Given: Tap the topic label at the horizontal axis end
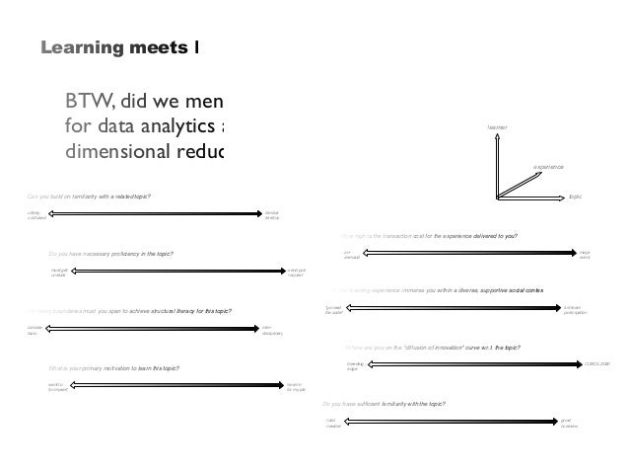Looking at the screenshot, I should [576, 197].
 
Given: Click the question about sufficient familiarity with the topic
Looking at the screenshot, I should [385, 404].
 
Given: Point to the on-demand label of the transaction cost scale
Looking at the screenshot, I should [349, 255].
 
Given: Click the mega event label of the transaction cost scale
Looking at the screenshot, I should [585, 255].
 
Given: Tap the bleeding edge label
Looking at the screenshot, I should [355, 366].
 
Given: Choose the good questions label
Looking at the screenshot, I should [570, 423].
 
